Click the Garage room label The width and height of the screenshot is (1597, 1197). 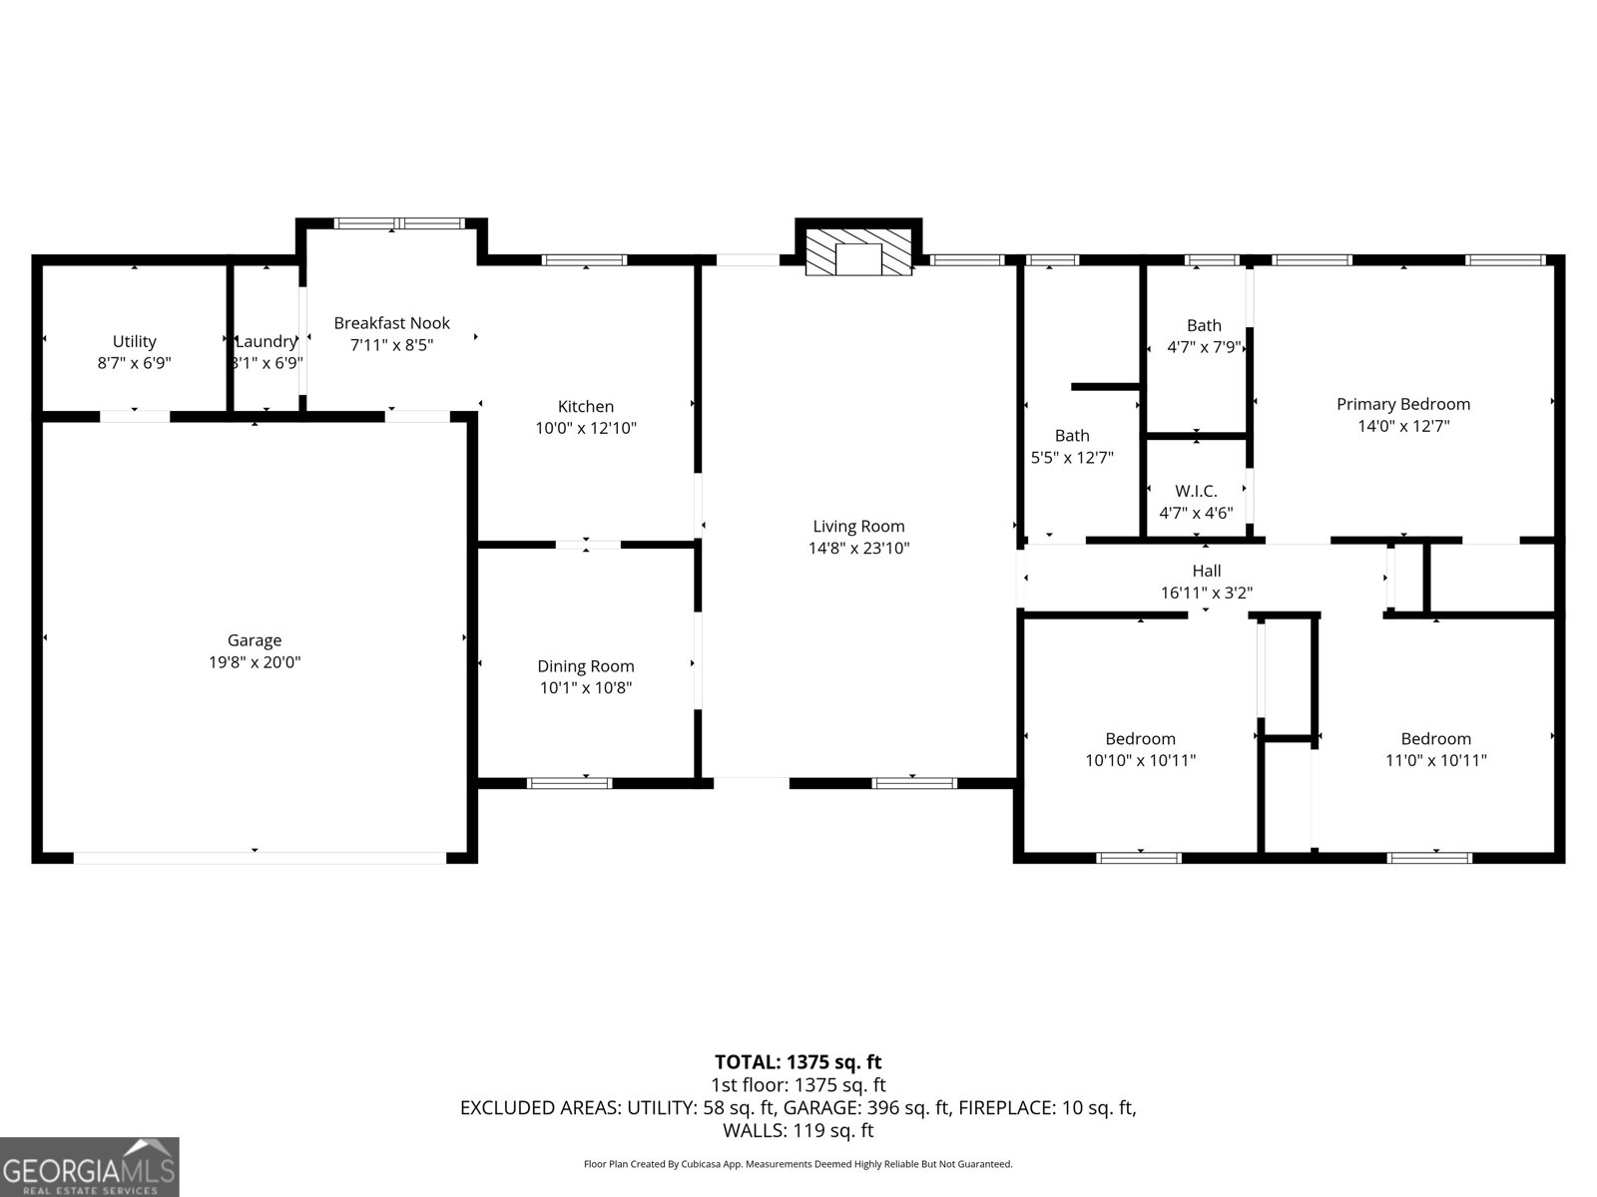[x=254, y=640]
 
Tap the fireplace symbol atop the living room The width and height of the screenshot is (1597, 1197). [x=858, y=250]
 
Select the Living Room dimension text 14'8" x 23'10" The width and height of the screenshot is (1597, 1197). [x=858, y=548]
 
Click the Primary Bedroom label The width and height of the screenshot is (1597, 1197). [x=1402, y=404]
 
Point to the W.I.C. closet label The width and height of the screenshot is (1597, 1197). [x=1196, y=491]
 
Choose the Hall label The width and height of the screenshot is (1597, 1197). [x=1206, y=571]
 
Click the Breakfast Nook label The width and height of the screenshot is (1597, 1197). [x=391, y=323]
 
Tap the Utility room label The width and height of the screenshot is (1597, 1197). [x=134, y=341]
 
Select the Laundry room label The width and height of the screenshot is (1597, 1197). [x=266, y=341]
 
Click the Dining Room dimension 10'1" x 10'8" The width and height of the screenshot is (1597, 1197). [x=585, y=687]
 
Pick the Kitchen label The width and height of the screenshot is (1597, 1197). [x=585, y=406]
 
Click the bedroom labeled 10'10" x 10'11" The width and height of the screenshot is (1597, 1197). [x=1140, y=749]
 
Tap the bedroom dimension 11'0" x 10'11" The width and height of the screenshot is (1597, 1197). [x=1435, y=760]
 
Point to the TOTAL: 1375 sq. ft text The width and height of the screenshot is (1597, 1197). [x=798, y=1061]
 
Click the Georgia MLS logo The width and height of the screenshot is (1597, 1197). [x=89, y=1166]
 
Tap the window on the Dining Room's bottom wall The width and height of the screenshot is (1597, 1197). [x=569, y=783]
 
